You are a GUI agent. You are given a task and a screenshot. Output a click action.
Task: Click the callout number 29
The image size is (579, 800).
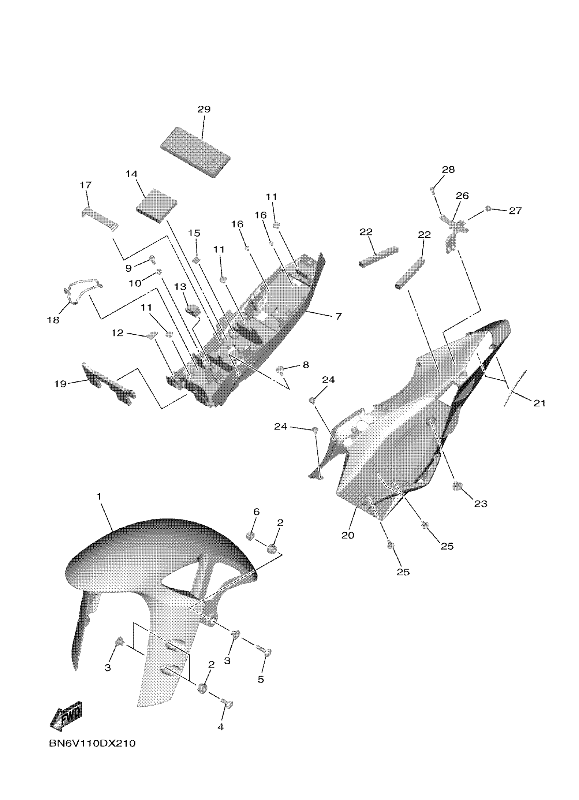tap(204, 109)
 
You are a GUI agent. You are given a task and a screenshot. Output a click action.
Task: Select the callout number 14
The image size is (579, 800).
tap(131, 174)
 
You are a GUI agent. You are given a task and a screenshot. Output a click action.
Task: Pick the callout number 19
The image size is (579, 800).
tap(60, 384)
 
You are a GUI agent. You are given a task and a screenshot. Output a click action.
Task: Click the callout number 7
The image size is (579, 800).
tap(338, 316)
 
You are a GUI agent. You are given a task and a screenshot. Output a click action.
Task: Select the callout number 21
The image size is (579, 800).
tap(539, 403)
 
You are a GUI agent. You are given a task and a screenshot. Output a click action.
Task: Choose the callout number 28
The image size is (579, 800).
tap(448, 170)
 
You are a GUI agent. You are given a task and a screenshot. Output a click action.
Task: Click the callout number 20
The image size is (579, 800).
tap(347, 535)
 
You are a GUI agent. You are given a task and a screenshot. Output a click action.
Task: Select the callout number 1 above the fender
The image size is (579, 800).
tap(99, 497)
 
